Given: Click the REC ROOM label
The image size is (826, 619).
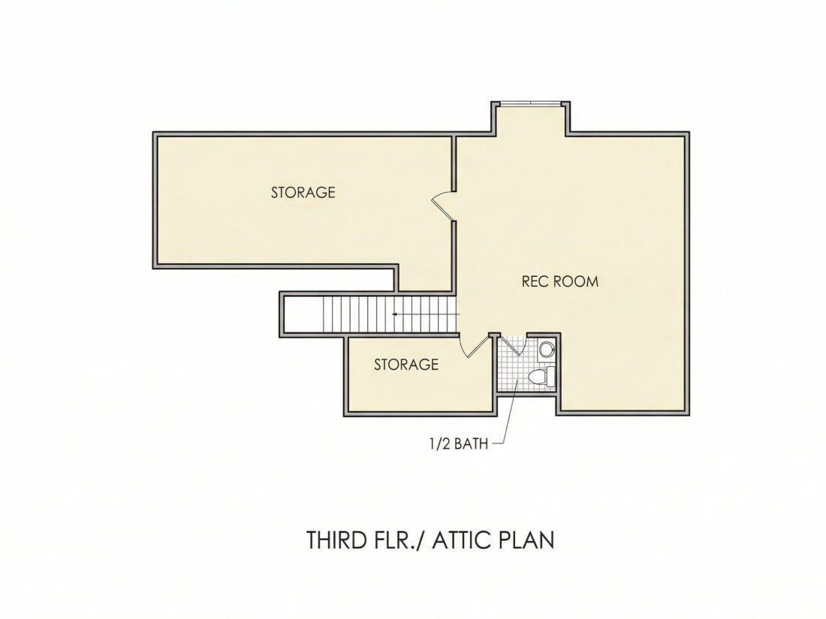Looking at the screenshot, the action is [x=560, y=281].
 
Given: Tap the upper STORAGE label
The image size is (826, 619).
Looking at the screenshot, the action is [x=303, y=192].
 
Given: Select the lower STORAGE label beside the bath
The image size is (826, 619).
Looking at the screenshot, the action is [x=406, y=364].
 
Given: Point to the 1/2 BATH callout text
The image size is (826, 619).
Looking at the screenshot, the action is [x=459, y=444].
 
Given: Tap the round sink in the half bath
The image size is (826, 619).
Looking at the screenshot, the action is [x=546, y=348].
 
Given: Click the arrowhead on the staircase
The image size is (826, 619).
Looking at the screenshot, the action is [x=394, y=315].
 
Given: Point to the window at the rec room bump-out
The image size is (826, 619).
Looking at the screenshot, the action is [x=530, y=104].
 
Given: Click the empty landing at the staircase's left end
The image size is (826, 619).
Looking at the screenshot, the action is [x=303, y=315].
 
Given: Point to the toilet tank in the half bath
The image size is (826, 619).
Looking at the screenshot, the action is [x=551, y=377].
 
